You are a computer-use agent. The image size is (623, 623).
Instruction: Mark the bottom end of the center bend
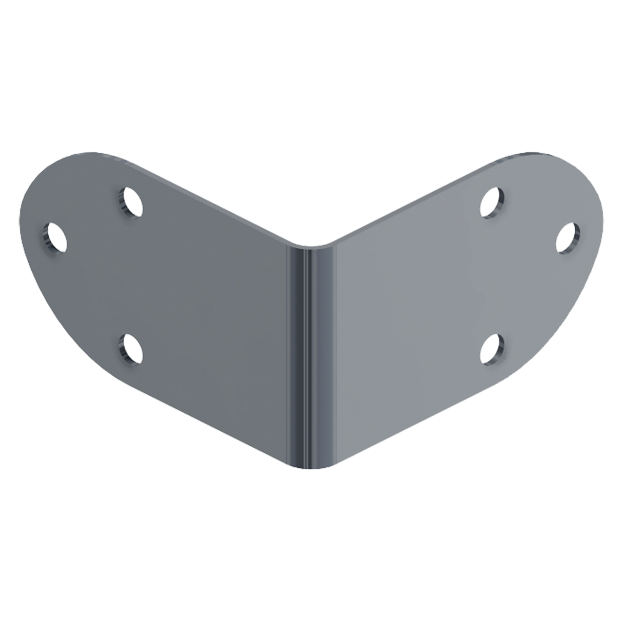click(x=311, y=467)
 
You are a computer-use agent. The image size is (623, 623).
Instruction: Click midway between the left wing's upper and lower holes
click(x=129, y=275)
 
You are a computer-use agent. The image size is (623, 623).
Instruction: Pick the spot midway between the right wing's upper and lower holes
click(x=493, y=275)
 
